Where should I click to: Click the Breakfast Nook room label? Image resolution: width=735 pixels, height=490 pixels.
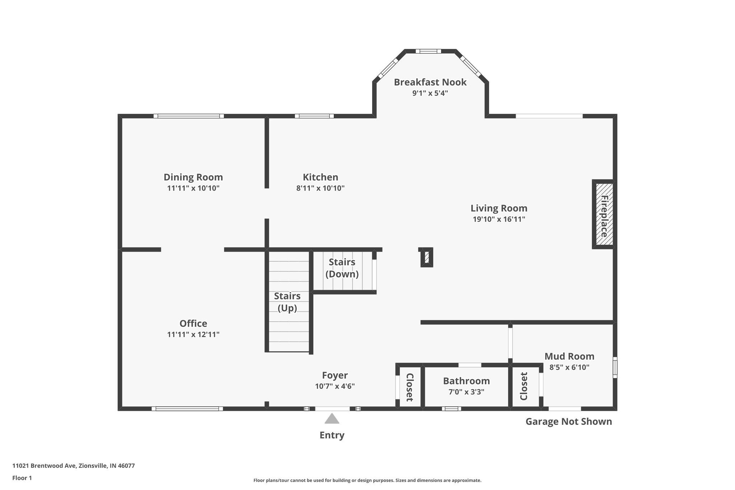430,82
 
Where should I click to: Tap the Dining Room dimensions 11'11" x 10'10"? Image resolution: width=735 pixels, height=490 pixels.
193,188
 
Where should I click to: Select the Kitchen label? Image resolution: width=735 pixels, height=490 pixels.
320,177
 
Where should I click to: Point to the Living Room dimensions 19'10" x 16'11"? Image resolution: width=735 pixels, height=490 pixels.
498,219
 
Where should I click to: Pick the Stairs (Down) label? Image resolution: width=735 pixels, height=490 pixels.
342,268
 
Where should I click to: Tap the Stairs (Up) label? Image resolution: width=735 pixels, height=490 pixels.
287,302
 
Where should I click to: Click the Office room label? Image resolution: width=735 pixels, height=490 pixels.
193,323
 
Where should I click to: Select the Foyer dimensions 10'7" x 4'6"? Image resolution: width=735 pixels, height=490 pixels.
334,386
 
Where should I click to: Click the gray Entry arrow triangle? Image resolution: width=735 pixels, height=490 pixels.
332,419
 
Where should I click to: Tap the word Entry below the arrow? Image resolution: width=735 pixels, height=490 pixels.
332,435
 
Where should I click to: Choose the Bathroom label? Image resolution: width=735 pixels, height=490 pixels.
466,381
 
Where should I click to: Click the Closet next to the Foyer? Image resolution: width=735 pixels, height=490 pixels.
409,387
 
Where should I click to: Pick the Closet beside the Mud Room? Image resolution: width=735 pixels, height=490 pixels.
524,386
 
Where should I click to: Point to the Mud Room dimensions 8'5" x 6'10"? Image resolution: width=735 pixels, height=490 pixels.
569,367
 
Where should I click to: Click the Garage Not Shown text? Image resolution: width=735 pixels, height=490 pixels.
568,421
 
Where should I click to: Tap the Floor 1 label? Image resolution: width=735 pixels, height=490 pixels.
22,478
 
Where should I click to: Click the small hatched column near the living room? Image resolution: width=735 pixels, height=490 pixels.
427,257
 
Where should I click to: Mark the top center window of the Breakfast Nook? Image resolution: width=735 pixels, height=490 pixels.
428,51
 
